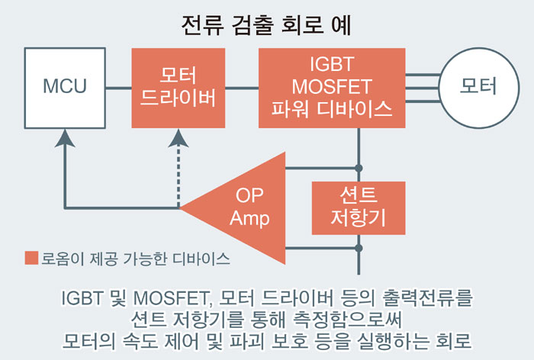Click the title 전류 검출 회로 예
click(266, 25)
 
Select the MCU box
click(64, 86)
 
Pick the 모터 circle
click(478, 86)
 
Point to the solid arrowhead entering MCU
click(65, 137)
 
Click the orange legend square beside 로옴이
click(31, 258)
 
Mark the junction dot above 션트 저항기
click(359, 167)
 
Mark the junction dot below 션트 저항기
click(359, 248)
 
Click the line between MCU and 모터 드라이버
click(118, 87)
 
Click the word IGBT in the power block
click(330, 64)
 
